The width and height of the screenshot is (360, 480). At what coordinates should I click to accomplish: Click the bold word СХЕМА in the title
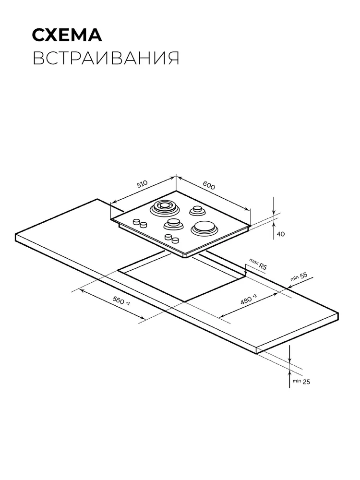[x=67, y=35]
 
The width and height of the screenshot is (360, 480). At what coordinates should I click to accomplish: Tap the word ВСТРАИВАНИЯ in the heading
[x=106, y=58]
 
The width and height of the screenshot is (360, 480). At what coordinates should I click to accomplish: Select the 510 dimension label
[x=142, y=184]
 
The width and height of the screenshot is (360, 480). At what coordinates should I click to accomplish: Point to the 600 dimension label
[x=209, y=185]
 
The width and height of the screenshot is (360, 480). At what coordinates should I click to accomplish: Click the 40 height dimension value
[x=280, y=234]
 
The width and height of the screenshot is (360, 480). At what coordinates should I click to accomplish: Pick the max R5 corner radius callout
[x=258, y=264]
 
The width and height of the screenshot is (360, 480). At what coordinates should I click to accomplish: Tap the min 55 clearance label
[x=299, y=277]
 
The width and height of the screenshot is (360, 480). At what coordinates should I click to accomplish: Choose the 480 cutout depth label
[x=248, y=299]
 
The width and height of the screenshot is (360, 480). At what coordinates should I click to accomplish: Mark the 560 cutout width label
[x=121, y=301]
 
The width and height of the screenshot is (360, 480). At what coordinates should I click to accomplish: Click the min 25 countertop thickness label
[x=301, y=382]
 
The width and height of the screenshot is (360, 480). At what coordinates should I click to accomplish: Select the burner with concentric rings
[x=164, y=208]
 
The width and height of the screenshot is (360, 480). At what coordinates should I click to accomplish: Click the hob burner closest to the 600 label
[x=196, y=210]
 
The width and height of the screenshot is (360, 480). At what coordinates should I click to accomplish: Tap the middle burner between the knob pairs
[x=173, y=224]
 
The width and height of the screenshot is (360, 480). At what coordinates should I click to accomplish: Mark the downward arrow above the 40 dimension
[x=274, y=206]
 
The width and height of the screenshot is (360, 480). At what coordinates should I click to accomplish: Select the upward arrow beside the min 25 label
[x=289, y=378]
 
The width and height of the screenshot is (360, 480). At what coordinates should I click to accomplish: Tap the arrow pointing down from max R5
[x=246, y=271]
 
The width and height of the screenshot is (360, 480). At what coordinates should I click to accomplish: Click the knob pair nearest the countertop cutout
[x=171, y=238]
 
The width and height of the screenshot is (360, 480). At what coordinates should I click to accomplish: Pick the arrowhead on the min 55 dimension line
[x=289, y=287]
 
